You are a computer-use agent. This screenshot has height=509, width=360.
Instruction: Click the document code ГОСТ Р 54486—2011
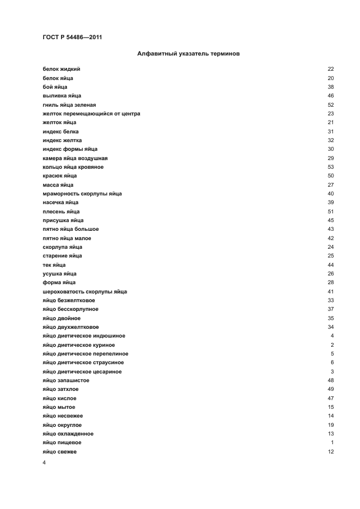(x=72, y=38)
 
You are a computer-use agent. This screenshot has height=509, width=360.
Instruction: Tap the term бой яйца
(x=54, y=87)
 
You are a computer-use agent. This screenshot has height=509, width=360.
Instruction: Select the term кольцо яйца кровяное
(x=72, y=167)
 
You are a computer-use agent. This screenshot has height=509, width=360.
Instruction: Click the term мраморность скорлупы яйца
(x=82, y=194)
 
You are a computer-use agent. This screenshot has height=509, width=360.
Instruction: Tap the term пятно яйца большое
(x=70, y=229)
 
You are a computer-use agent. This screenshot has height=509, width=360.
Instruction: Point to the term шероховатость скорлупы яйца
(x=84, y=292)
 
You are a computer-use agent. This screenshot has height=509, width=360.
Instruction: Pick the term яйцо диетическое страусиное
(x=83, y=363)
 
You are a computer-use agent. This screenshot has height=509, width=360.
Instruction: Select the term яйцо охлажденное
(x=68, y=434)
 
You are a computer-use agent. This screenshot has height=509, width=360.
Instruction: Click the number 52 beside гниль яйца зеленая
(x=331, y=105)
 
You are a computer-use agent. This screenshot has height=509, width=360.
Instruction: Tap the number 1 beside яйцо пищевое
(x=332, y=443)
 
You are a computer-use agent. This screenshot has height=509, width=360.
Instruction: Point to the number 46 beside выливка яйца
(x=331, y=96)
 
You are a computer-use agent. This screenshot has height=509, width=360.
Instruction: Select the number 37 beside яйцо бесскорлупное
(x=331, y=309)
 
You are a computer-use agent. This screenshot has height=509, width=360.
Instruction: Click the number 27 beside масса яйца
(x=331, y=185)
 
